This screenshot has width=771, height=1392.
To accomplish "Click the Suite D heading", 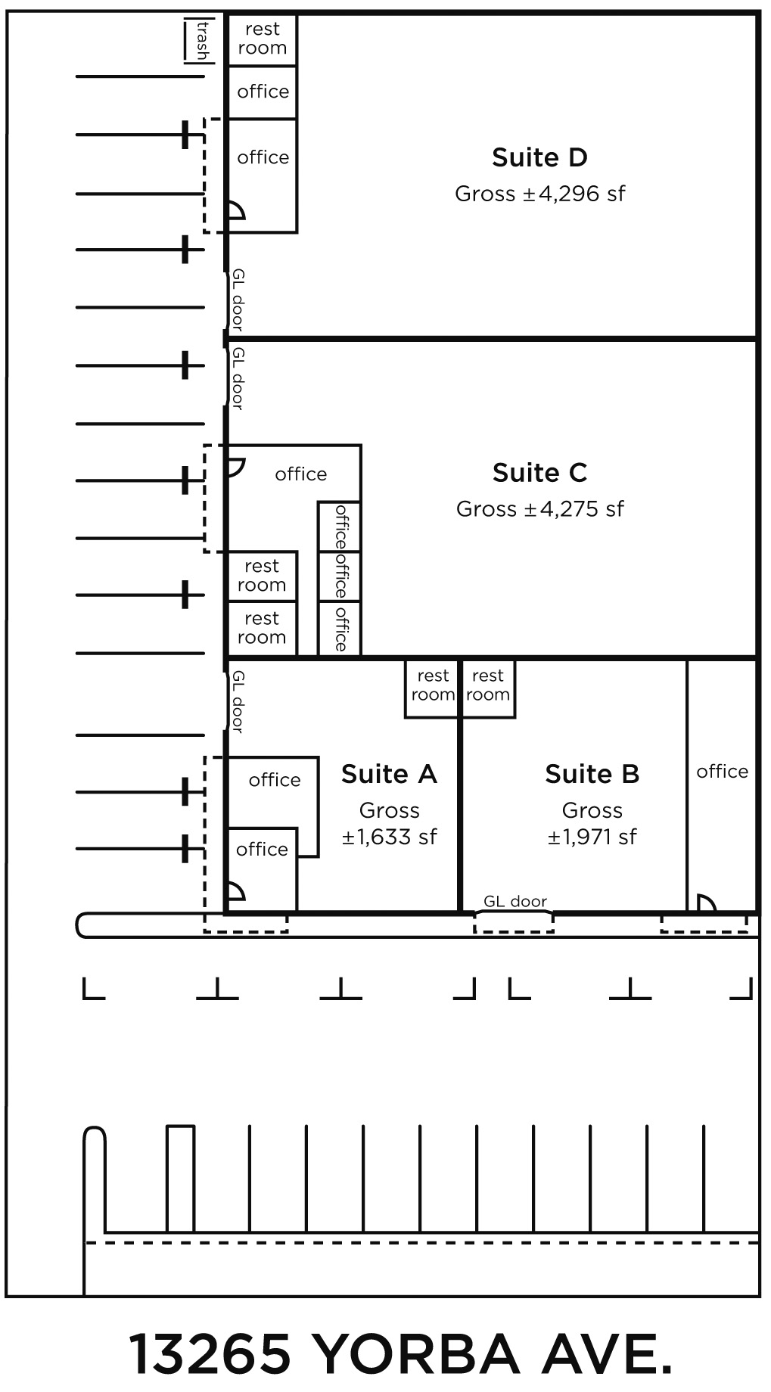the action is pos(539,157).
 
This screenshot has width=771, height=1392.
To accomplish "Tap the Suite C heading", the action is pos(539,473).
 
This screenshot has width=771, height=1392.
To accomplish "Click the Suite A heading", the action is pos(389,774).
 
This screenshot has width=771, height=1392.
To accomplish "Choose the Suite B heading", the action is pos(592,774).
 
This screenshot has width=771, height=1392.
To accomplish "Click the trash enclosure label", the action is pos(202,41).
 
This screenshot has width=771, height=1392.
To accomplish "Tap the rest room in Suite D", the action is pos(262,39).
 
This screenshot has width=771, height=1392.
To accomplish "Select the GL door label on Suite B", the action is pos(515,901).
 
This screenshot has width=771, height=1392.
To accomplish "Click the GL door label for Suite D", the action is pos(238,300).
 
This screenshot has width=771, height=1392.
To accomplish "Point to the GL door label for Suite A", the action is pos(238,701).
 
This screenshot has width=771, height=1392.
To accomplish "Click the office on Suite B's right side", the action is pos(722,772).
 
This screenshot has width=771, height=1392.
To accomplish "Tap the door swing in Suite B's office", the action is pos(706,903).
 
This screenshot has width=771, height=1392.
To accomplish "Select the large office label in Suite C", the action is pos(301,474).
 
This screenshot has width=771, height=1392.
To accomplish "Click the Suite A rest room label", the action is pos(433,685).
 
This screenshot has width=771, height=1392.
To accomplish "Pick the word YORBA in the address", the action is pos(415,1353).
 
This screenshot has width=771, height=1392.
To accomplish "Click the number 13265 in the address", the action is pos(211,1353).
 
